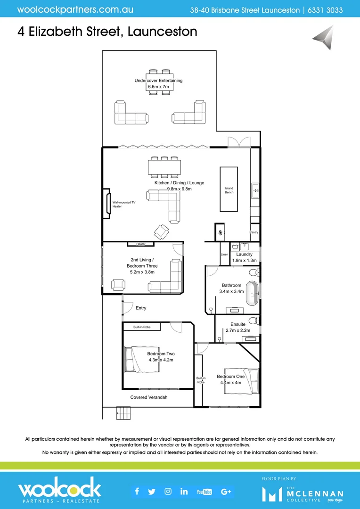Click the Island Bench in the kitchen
pyautogui.click(x=229, y=189)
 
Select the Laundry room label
pyautogui.click(x=245, y=254)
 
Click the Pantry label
pyautogui.click(x=254, y=232)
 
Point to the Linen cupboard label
pyautogui.click(x=224, y=254)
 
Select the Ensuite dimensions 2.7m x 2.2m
pyautogui.click(x=237, y=330)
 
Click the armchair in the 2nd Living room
pyautogui.click(x=117, y=285)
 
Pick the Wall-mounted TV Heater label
pyautogui.click(x=124, y=204)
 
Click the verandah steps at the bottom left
pyautogui.click(x=123, y=413)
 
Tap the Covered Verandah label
pyautogui.click(x=149, y=397)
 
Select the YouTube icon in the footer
pyautogui.click(x=204, y=492)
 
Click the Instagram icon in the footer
pyautogui.click(x=168, y=492)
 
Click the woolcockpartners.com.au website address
pyautogui.click(x=75, y=9)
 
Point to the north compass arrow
pyautogui.click(x=324, y=38)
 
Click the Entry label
pyautogui.click(x=141, y=308)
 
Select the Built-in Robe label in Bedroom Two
pyautogui.click(x=142, y=327)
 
